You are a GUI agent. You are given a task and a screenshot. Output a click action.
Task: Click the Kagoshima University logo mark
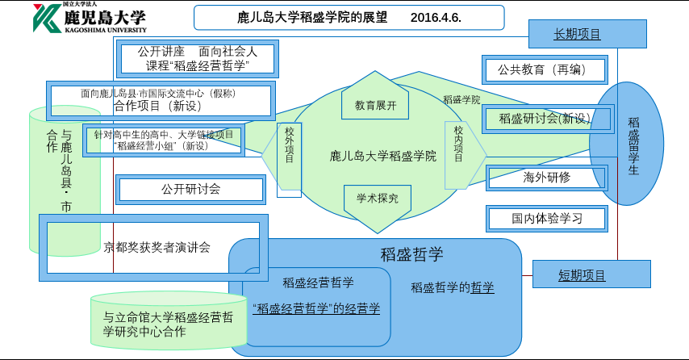(45, 18)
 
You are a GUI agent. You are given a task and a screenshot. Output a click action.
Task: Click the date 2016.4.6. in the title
(436, 18)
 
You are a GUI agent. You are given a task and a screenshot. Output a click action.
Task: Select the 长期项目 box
(577, 34)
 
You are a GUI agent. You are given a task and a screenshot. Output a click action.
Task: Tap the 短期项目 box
(582, 275)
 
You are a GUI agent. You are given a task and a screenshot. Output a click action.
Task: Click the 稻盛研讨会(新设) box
(545, 119)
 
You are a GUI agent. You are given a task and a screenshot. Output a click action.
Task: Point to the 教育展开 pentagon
(375, 102)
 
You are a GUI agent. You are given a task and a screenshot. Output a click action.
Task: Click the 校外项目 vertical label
(289, 145)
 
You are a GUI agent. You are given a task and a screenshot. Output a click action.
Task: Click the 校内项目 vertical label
(457, 144)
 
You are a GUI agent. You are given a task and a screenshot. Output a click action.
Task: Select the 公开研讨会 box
(190, 190)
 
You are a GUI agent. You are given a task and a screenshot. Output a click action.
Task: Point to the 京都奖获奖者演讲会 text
(157, 248)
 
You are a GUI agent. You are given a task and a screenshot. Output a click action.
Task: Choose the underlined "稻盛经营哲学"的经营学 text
(316, 308)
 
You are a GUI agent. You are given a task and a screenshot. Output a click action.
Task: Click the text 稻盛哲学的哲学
(452, 287)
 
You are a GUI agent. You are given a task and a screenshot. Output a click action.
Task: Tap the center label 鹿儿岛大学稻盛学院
(383, 156)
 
